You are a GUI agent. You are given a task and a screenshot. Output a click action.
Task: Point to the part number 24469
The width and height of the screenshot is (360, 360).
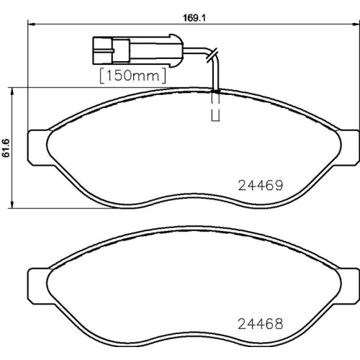click(x=259, y=184)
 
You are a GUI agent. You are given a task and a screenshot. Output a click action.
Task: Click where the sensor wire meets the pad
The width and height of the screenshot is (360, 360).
click(x=216, y=91)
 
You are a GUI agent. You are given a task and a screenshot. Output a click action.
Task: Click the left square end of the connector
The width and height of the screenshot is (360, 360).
click(x=100, y=50)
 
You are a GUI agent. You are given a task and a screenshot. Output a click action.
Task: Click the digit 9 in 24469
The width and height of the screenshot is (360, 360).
click(x=276, y=184)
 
